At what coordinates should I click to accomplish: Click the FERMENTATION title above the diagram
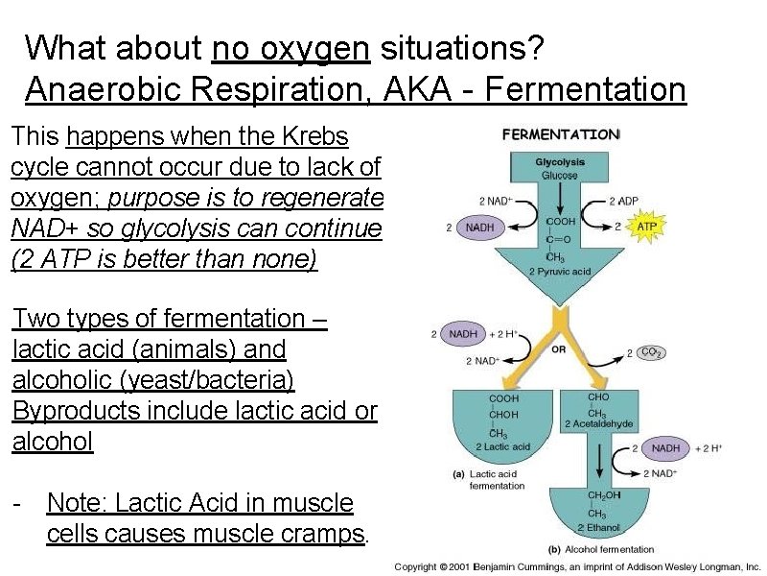(x=561, y=135)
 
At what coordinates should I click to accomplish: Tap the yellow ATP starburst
(x=647, y=227)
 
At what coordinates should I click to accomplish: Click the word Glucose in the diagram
(x=559, y=176)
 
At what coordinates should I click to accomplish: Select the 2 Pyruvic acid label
(x=560, y=272)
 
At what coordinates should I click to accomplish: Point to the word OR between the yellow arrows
(x=559, y=349)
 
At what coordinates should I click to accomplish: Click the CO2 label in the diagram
(x=652, y=352)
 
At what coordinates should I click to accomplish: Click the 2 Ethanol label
(x=598, y=527)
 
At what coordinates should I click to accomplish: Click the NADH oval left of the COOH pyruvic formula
(x=480, y=228)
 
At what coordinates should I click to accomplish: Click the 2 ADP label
(x=624, y=202)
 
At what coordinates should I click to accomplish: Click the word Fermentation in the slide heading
(x=586, y=90)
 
